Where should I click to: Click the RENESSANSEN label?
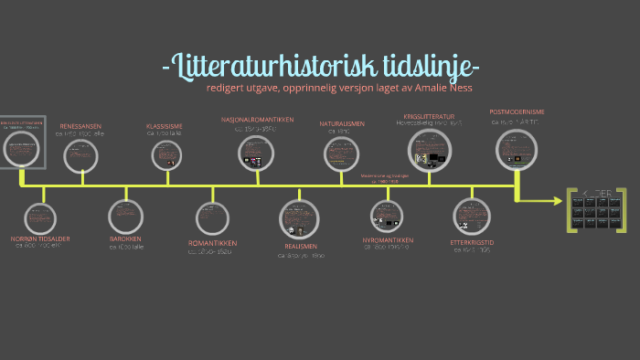coord(80,126)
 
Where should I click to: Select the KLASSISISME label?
coord(165,126)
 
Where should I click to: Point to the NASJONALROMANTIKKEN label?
coord(256,120)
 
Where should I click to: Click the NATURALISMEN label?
coord(342,123)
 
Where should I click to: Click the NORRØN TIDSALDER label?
coord(40,239)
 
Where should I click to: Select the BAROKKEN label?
coord(124,239)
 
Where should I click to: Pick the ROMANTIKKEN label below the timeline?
coord(212,243)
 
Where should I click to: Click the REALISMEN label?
coord(300,247)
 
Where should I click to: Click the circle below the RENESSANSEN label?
coord(81,156)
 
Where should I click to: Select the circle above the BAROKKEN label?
coord(125,216)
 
